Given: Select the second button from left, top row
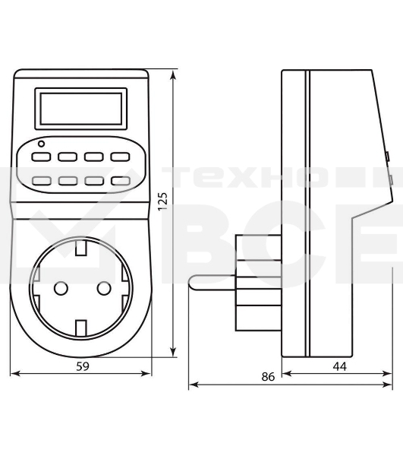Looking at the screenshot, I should click(x=68, y=157).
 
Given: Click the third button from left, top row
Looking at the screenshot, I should click(x=94, y=157).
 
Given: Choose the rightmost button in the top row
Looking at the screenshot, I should click(x=120, y=157).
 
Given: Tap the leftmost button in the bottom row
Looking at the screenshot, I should click(x=42, y=182).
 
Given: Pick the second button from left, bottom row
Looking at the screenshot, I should click(x=68, y=182).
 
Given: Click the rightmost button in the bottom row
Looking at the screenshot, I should click(x=120, y=182).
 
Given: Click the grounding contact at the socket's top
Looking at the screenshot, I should click(x=81, y=247).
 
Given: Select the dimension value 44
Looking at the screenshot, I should click(x=338, y=366).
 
